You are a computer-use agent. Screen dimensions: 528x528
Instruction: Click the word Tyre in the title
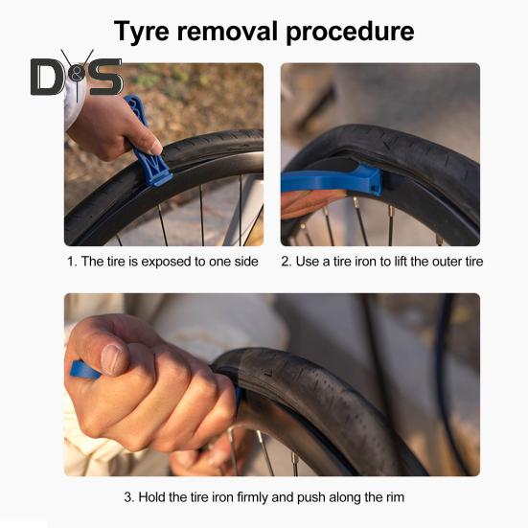pos(142,32)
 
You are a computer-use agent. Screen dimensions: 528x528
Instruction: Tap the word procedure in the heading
pos(350,33)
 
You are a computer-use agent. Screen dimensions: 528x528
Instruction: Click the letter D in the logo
pos(46,77)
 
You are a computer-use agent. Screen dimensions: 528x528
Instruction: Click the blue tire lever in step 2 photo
pos(332,180)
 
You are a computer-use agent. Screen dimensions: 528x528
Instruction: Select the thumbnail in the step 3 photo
pos(112,359)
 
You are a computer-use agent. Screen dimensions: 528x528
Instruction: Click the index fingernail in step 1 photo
pos(156,147)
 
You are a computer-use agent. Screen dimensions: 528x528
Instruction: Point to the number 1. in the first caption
pos(72,262)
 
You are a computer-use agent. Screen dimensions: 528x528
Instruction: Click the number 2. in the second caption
pos(287,262)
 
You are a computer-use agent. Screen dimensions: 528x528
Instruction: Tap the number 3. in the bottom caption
pos(129,497)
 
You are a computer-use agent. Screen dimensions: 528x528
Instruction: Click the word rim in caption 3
pos(396,497)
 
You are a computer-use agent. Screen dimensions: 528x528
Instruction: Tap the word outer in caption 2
pos(447,262)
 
